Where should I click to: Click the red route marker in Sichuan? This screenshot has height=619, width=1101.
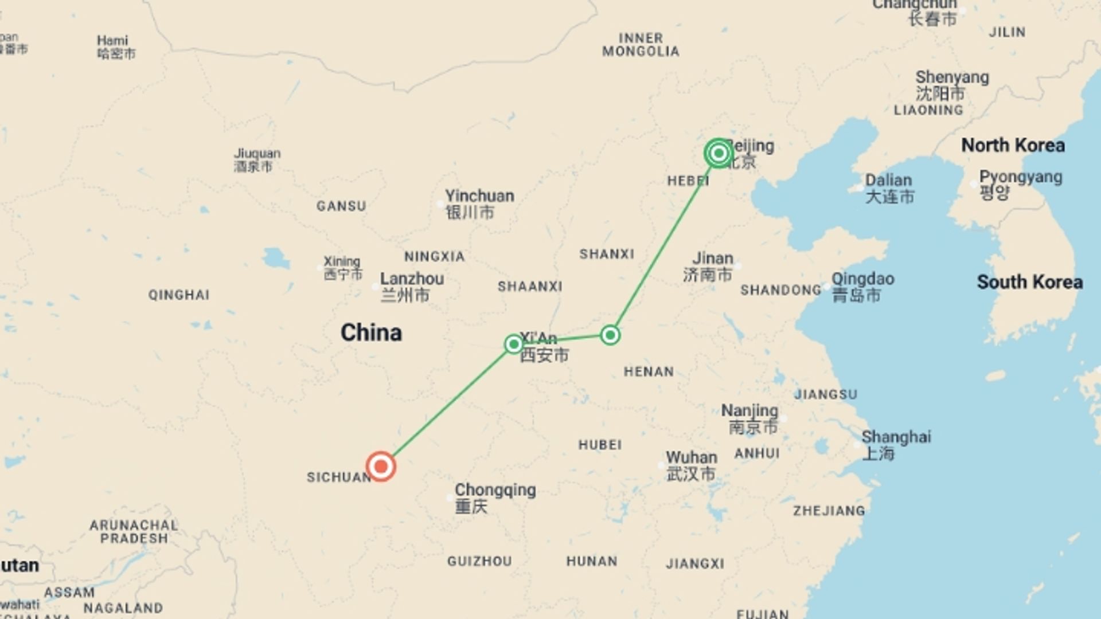pyautogui.click(x=381, y=466)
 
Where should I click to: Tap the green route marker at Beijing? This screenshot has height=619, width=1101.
pyautogui.click(x=718, y=153)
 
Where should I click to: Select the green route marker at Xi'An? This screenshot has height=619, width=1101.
pyautogui.click(x=514, y=344)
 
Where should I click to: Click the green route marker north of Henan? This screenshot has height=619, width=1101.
pyautogui.click(x=610, y=335)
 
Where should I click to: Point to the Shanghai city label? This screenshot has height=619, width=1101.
pyautogui.click(x=896, y=445)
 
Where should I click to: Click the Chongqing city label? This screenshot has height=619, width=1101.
pyautogui.click(x=495, y=497)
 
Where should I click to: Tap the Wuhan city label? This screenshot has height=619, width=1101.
pyautogui.click(x=691, y=465)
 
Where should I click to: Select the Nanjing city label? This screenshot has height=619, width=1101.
pyautogui.click(x=749, y=418)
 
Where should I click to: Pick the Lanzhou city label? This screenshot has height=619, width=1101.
pyautogui.click(x=411, y=287)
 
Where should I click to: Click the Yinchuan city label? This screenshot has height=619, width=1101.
pyautogui.click(x=479, y=203)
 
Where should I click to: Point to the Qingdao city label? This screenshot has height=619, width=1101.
pyautogui.click(x=862, y=287)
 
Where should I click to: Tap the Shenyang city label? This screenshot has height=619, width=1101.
pyautogui.click(x=952, y=84)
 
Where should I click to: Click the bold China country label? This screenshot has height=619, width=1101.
pyautogui.click(x=371, y=332)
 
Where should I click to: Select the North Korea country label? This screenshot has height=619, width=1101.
pyautogui.click(x=1013, y=145)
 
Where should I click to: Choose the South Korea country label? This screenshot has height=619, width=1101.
pyautogui.click(x=1029, y=282)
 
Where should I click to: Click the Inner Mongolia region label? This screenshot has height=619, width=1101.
pyautogui.click(x=641, y=45)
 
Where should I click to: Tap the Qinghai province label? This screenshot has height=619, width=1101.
pyautogui.click(x=179, y=295)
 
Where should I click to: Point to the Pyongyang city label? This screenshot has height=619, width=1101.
pyautogui.click(x=1020, y=183)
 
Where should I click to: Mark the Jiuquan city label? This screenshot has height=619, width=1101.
pyautogui.click(x=256, y=160)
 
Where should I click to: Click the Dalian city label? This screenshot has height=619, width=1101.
pyautogui.click(x=888, y=188)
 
